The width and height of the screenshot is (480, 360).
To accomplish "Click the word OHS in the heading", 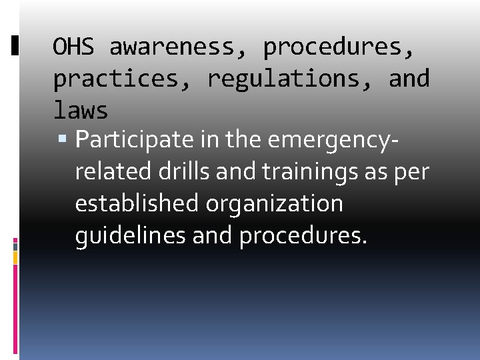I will click(73, 47).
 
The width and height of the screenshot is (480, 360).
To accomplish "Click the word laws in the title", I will click(80, 109).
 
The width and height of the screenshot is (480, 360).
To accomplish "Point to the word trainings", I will click(311, 172).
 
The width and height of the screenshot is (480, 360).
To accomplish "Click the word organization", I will click(275, 203).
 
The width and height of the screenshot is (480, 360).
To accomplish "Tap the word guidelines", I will click(131, 235).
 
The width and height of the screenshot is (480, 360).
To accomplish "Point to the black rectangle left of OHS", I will click(15, 45).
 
